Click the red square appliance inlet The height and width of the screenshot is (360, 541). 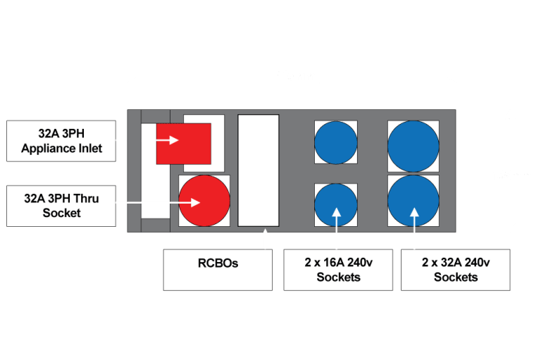pos(183,143)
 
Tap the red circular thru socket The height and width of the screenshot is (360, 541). pos(204,201)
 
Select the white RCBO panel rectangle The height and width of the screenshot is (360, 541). pos(259,170)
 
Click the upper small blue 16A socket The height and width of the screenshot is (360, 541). pos(335,143)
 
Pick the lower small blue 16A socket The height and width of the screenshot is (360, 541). pos(335,205)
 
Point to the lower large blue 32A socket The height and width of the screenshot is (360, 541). pos(413,201)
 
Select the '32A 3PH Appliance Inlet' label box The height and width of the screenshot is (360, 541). pos(61,140)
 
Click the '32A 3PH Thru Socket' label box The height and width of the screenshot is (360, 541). pos(61,206)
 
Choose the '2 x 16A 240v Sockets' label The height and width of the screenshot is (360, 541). pos(338,269)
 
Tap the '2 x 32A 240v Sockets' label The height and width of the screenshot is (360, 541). pos(456,269)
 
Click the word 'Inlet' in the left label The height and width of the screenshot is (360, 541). pos(89,148)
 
